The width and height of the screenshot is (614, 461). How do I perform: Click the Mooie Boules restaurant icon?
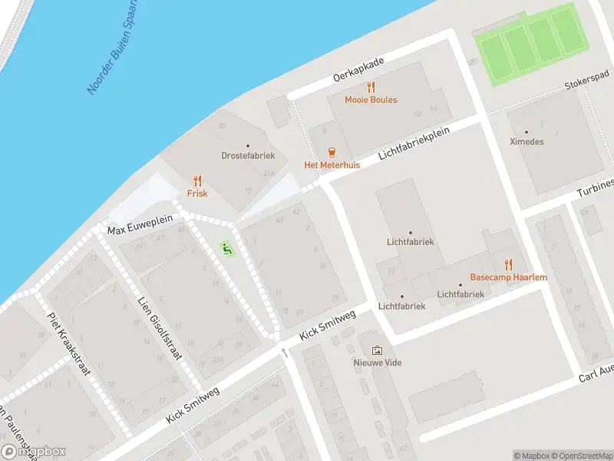tap(371, 88)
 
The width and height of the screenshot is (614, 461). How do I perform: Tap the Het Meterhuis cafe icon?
tap(332, 152)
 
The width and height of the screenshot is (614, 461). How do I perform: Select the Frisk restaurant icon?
tap(198, 181)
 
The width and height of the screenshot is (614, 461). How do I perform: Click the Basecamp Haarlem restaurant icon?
tap(509, 264)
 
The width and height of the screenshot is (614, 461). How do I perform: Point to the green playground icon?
tap(226, 247)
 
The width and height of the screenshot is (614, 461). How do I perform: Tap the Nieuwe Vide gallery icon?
tap(377, 350)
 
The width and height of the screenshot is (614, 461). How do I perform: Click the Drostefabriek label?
tap(248, 155)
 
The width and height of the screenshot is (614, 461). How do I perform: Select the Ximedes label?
tap(526, 141)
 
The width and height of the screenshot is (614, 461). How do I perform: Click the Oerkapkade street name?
tap(358, 68)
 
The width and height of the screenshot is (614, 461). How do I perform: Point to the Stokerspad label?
tap(586, 85)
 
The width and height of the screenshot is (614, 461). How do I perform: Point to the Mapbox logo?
tap(34, 452)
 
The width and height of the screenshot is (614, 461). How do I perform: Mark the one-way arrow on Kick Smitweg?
tap(285, 353)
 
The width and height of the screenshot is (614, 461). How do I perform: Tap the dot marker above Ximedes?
tap(526, 132)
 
